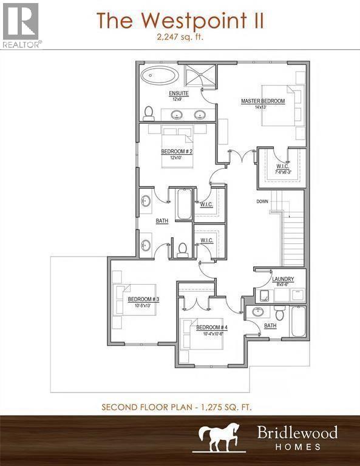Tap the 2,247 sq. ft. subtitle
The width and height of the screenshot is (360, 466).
pyautogui.click(x=180, y=38)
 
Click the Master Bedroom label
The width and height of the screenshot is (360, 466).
pyautogui.click(x=262, y=101)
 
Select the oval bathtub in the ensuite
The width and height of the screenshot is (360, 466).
pyautogui.click(x=160, y=77)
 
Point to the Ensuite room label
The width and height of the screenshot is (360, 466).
pyautogui.click(x=178, y=93)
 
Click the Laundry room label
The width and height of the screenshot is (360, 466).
pyautogui.click(x=284, y=279)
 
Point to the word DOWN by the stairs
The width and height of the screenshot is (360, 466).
pyautogui.click(x=262, y=201)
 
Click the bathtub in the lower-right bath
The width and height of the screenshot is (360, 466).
pyautogui.click(x=297, y=322)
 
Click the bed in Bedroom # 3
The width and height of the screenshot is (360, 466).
pyautogui.click(x=135, y=299)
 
